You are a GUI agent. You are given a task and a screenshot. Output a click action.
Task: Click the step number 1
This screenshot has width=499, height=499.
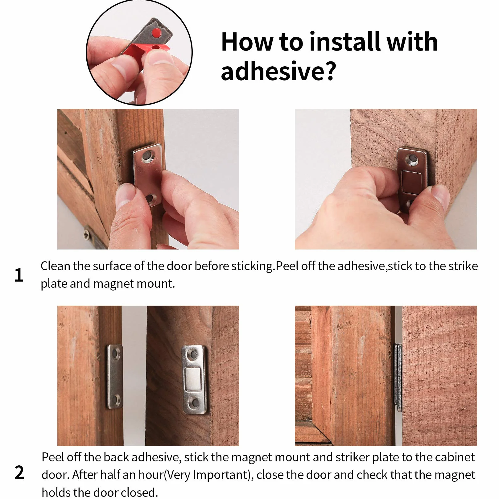click(19, 275)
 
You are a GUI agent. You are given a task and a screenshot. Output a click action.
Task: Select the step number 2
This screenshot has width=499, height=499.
click(19, 472)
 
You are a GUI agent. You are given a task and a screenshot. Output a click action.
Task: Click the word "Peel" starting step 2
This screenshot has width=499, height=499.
click(52, 457)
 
